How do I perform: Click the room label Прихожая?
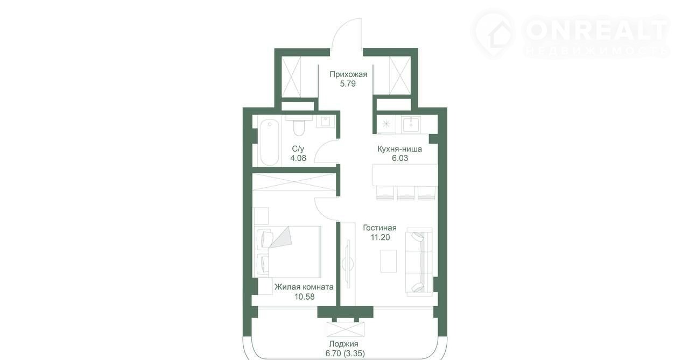click(348, 74)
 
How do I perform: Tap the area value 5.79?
click(348, 84)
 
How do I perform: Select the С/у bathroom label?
click(298, 149)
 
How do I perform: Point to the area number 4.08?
click(298, 158)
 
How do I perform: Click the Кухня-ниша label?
click(399, 149)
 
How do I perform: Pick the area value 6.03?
click(400, 158)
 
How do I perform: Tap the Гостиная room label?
click(379, 228)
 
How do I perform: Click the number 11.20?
click(380, 237)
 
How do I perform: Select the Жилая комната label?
click(304, 287)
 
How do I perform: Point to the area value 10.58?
click(304, 297)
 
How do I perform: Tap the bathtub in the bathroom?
click(270, 143)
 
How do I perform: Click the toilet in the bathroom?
click(299, 126)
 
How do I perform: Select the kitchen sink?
click(411, 124)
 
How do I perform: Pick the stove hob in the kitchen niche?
click(386, 124)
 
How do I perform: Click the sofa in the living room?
click(419, 262)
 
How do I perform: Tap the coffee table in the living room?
click(389, 260)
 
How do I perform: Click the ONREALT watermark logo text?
click(596, 31)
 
